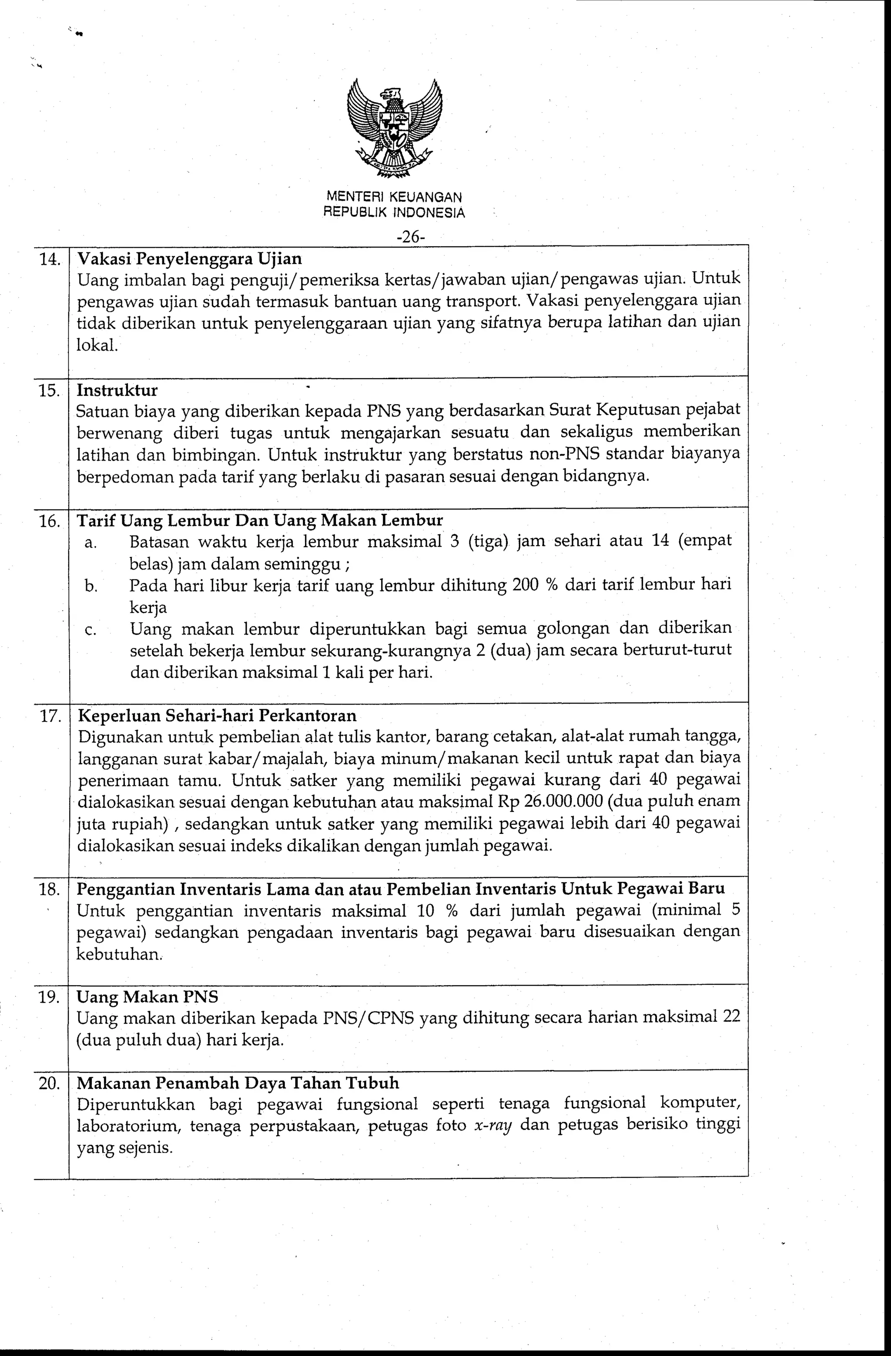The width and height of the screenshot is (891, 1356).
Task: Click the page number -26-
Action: (x=411, y=237)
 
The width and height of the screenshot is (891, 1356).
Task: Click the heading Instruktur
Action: (x=117, y=390)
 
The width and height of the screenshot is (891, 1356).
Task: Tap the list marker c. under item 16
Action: (x=90, y=631)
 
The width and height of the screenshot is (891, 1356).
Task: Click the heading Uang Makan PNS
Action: (x=147, y=997)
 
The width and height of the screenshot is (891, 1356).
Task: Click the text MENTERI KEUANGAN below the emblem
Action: (x=394, y=197)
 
